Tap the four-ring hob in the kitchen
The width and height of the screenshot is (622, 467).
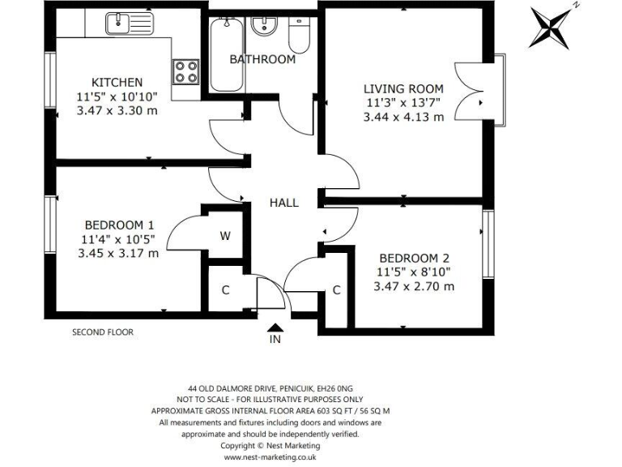(185, 72)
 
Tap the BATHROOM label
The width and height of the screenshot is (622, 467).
(262, 59)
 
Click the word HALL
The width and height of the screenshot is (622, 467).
(283, 203)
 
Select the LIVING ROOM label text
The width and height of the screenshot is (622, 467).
(403, 88)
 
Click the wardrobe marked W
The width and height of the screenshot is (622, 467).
(225, 237)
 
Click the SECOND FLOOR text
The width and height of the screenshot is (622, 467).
(103, 332)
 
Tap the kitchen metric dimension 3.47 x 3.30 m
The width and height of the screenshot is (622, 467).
(117, 110)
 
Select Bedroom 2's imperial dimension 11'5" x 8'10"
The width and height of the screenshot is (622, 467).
(414, 272)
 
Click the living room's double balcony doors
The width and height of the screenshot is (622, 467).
(471, 89)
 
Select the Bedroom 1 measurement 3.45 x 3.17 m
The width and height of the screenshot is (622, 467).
(117, 253)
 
